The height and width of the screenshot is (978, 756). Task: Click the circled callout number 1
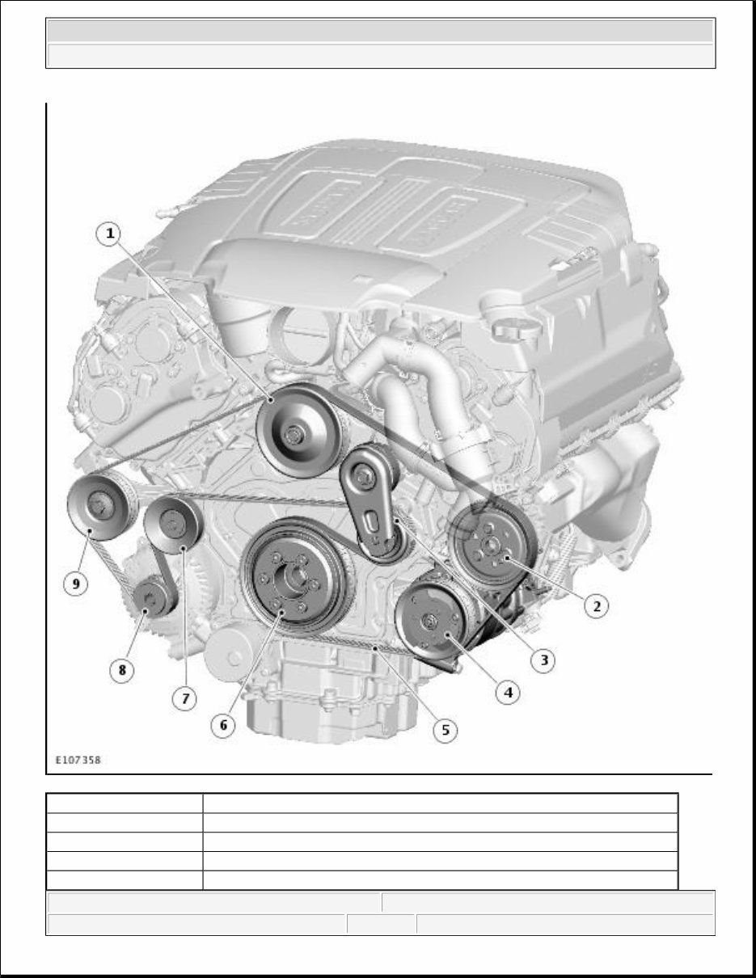(x=110, y=234)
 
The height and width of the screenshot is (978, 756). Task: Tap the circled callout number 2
(x=596, y=605)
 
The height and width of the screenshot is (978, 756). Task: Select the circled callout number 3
(x=543, y=660)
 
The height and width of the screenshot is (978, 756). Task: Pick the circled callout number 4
(x=508, y=692)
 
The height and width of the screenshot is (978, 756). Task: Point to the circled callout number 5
(x=445, y=730)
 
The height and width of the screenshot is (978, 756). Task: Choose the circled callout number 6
(x=223, y=725)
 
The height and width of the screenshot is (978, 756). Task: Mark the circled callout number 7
(x=185, y=698)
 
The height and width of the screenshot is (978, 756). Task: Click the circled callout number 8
(x=122, y=670)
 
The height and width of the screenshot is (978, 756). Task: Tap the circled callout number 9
(x=76, y=584)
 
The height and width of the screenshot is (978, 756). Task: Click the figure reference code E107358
(x=78, y=760)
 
